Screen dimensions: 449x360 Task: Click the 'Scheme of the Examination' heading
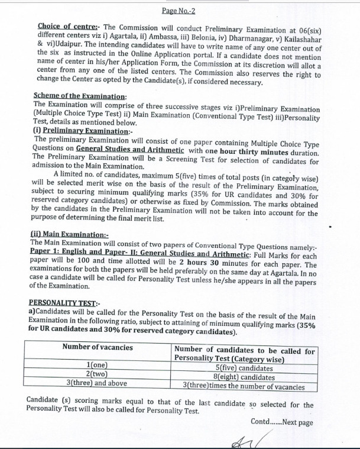click(80, 97)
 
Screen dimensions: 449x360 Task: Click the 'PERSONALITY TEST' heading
click(60, 302)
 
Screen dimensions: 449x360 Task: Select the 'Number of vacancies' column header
click(98, 347)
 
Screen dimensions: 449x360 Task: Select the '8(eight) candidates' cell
click(244, 376)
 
